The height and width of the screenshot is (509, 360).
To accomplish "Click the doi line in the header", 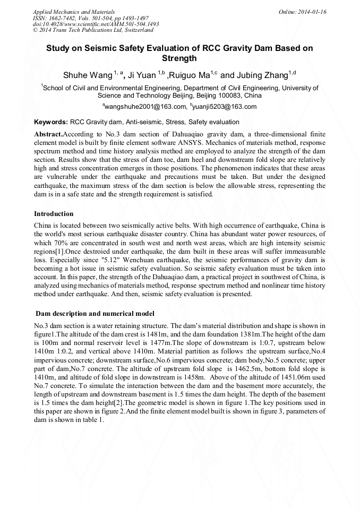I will pos(96,24).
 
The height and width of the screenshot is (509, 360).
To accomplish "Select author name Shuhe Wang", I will pos(87,74).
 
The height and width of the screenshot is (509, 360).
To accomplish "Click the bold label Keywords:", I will pos(51,122).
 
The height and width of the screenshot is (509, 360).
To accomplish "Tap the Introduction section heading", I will pos(54,214).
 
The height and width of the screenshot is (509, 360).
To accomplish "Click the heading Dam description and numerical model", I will pos(95,314).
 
